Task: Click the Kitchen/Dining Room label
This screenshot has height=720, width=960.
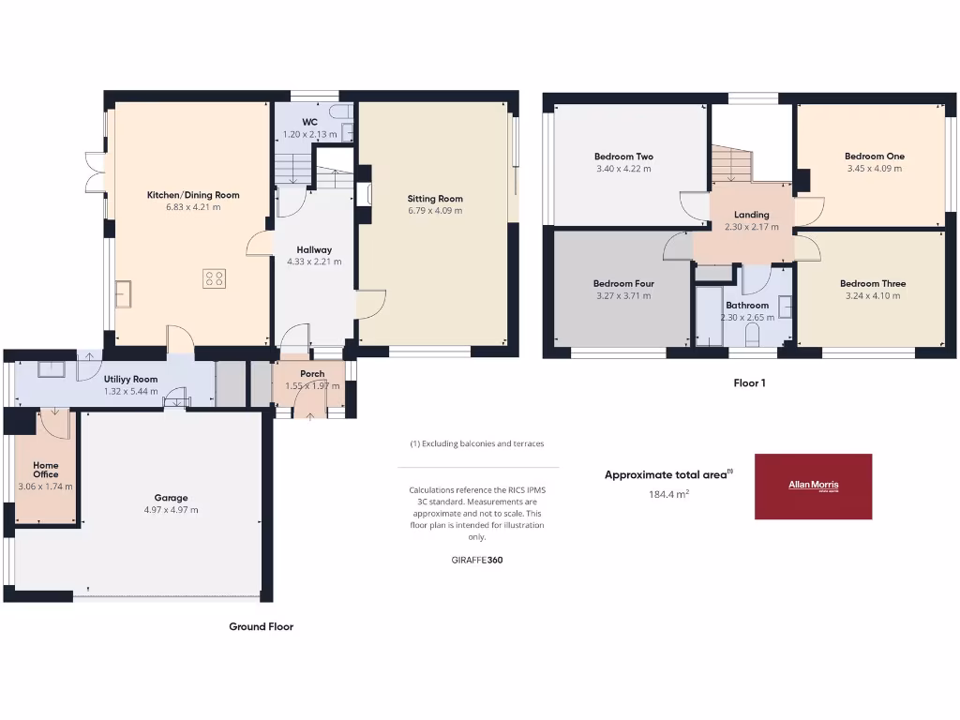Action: pos(193,195)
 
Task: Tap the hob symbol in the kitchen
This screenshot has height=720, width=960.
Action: pos(215,278)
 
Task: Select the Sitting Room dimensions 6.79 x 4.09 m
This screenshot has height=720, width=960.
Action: pos(435,211)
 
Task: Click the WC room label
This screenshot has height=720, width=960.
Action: pos(309,123)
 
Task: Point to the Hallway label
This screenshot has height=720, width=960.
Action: pos(314,249)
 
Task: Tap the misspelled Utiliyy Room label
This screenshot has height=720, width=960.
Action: pos(130,379)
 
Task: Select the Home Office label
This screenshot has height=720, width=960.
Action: pos(45,470)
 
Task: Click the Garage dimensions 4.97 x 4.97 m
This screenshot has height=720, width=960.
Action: pos(172,510)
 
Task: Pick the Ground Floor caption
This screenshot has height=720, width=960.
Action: pos(261,626)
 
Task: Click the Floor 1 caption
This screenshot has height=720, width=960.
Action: pos(749,382)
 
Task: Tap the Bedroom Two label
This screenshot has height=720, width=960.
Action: pos(623,157)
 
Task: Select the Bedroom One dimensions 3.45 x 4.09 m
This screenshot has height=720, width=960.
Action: pos(874,169)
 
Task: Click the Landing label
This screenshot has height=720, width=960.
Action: pos(752,215)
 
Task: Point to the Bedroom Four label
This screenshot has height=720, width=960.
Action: pos(623,283)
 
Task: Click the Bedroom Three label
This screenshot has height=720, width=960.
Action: pos(872,283)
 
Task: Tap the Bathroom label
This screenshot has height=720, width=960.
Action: pos(747,306)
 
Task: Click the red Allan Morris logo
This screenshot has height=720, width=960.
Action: pos(813,487)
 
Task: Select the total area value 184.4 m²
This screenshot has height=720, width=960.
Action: pos(667,494)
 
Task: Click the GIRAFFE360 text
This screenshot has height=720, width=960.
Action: pos(477,560)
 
